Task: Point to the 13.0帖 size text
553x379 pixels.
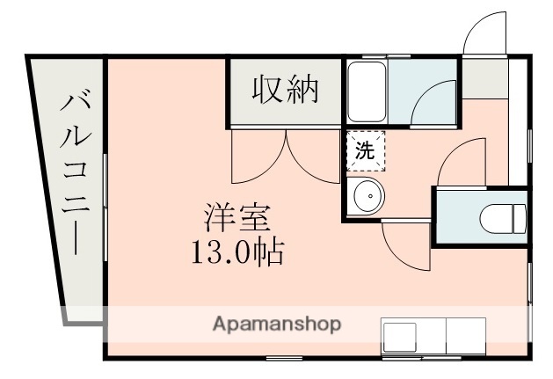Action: click(x=236, y=252)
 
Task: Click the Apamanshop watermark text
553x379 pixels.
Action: click(x=276, y=324)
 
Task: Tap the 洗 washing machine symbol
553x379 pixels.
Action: click(x=365, y=149)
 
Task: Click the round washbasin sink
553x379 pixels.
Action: click(x=367, y=195)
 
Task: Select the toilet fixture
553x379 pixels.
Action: click(x=505, y=215)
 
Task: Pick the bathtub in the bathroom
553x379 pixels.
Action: click(x=366, y=91)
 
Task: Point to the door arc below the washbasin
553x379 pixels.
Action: click(x=404, y=246)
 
